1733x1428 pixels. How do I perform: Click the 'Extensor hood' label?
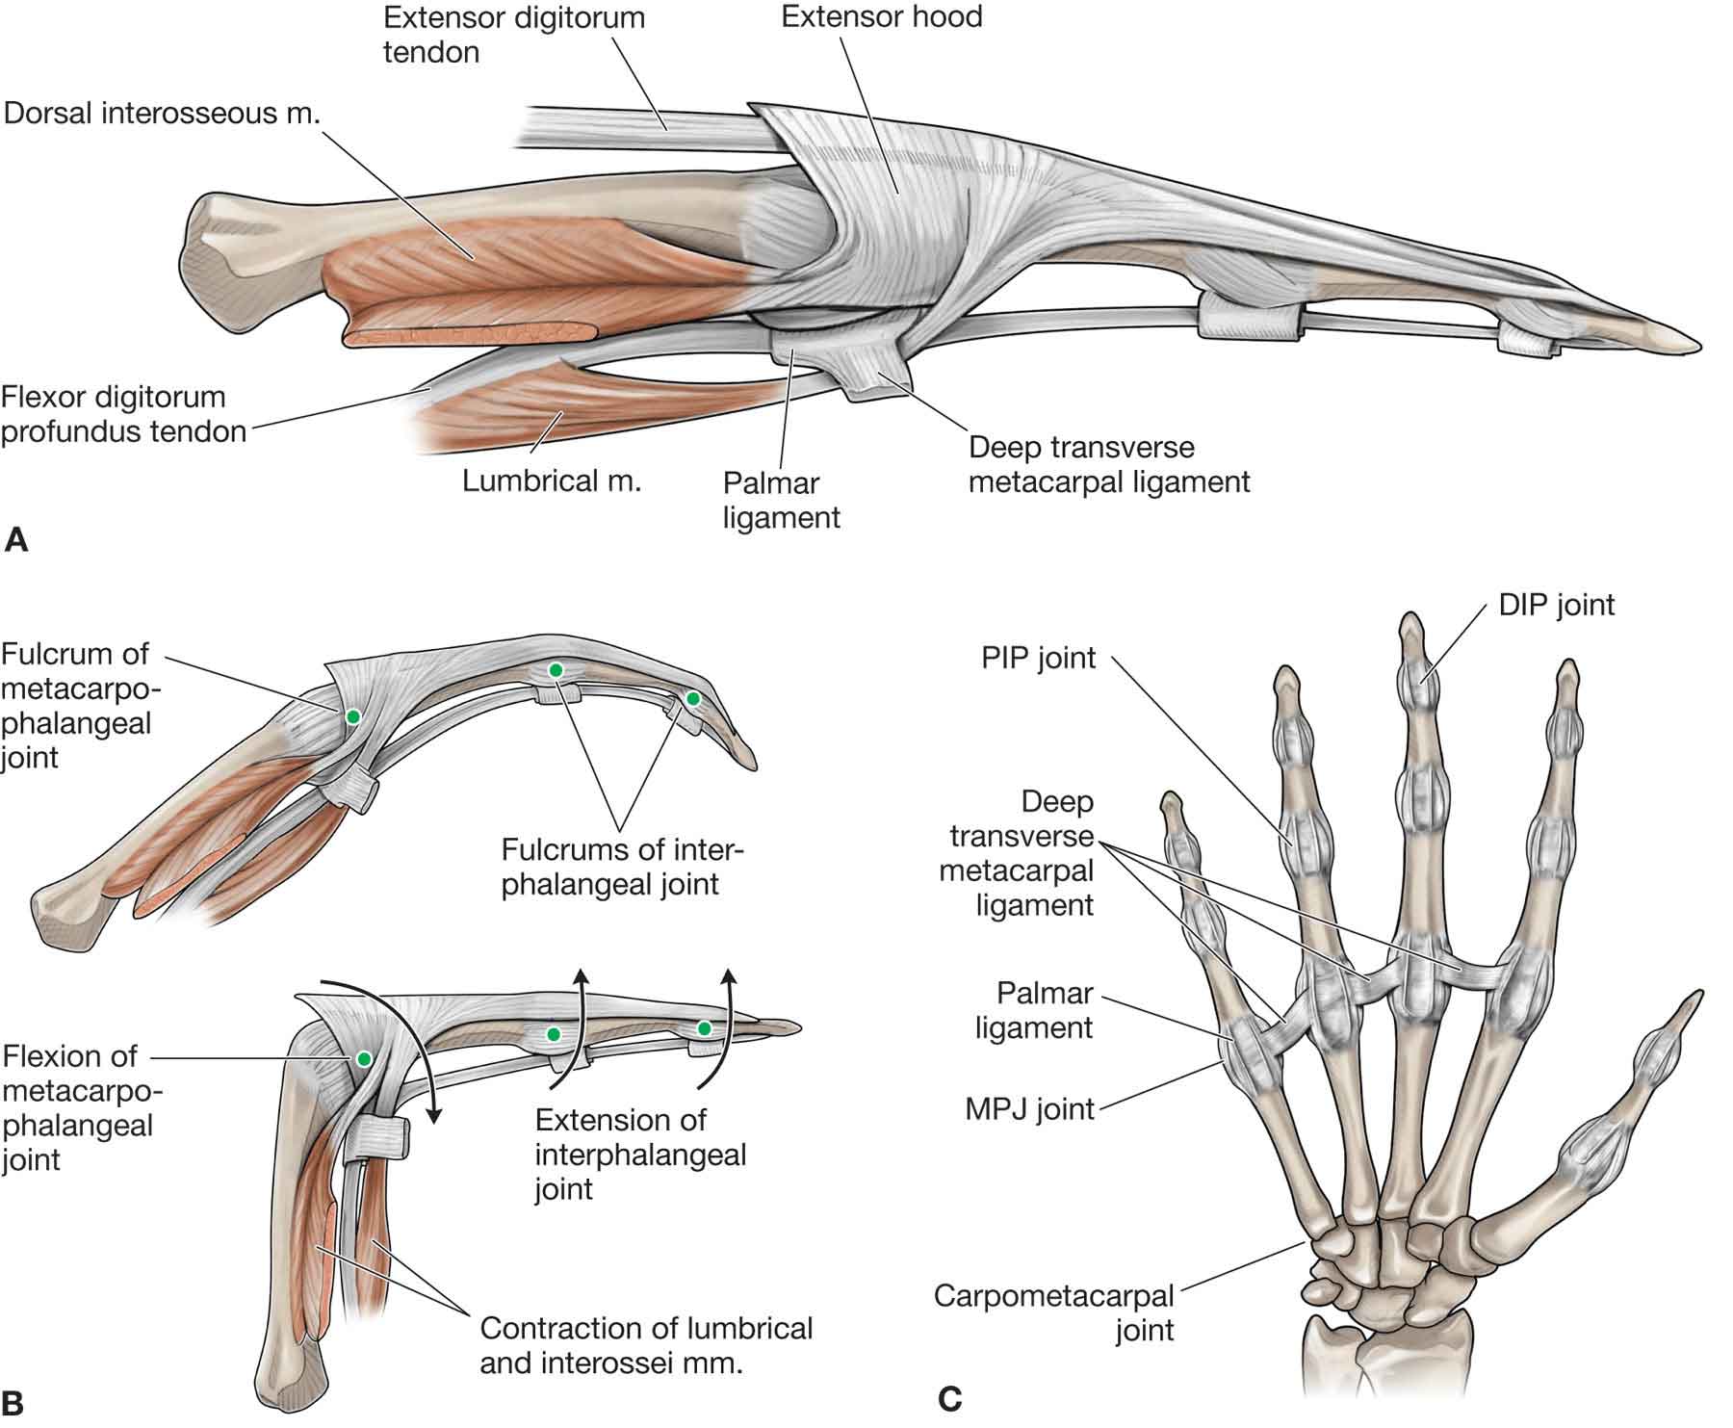click(881, 17)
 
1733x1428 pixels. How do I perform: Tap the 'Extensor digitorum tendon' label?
click(513, 35)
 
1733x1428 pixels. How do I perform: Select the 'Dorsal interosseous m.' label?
click(162, 113)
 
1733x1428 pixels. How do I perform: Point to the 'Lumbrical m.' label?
click(551, 480)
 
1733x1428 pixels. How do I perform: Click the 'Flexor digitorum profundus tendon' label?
click(123, 414)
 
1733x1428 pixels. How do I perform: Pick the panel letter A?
click(16, 540)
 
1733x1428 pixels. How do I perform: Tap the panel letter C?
click(949, 1397)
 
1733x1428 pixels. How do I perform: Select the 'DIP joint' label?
click(1556, 605)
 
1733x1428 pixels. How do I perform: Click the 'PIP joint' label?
click(1038, 659)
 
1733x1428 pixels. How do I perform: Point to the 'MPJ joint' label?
click(1029, 1109)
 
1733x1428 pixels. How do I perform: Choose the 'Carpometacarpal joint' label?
click(1053, 1312)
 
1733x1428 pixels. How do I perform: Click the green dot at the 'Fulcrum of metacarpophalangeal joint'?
click(353, 716)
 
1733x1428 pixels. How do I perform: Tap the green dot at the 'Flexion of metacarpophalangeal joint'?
click(363, 1058)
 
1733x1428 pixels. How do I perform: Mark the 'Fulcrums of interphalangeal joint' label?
click(622, 867)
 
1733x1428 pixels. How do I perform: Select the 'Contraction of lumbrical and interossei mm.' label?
click(646, 1345)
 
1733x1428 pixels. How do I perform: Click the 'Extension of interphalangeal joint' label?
click(640, 1154)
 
